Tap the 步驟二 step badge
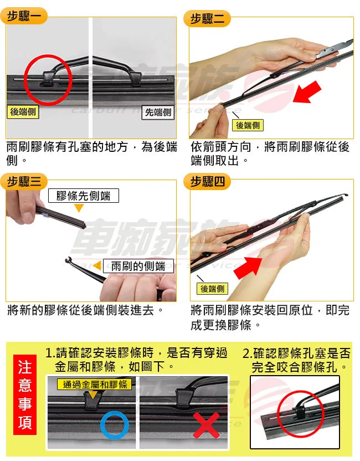[207, 19]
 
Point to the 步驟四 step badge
[207, 182]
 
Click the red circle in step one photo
[48, 78]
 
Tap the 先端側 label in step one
[158, 112]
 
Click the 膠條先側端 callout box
[84, 196]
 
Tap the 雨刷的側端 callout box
[138, 265]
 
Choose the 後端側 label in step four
[213, 289]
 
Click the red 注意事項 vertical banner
[25, 395]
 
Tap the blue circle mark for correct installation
[115, 425]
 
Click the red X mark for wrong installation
[205, 426]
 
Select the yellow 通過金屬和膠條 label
[94, 384]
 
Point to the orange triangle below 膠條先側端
[79, 208]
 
